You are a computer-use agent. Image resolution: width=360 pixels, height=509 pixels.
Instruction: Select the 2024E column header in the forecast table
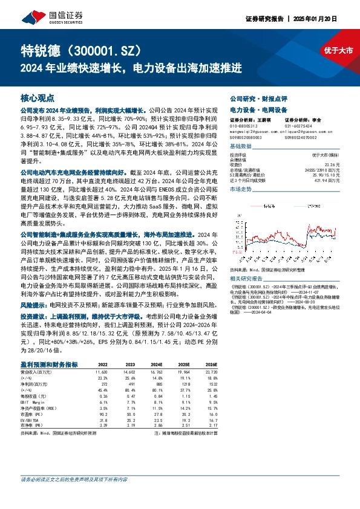pyautogui.click(x=158, y=365)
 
